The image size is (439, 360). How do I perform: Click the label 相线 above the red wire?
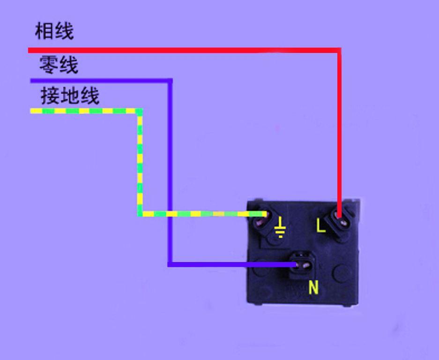point(54,31)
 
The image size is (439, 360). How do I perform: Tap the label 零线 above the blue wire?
point(59,65)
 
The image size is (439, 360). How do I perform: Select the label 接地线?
point(70,96)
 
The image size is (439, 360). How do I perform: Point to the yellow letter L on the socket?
point(321,225)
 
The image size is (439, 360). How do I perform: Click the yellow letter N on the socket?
point(313,287)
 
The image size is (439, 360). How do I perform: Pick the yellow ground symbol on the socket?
point(280,227)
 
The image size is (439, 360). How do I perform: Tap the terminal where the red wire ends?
point(340,219)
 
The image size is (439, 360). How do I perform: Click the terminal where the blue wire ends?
point(301,265)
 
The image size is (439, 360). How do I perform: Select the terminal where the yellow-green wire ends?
point(263,219)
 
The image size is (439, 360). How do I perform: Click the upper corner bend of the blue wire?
point(170,81)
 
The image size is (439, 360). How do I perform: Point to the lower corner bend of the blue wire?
point(170,264)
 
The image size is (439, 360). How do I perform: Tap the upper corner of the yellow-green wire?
point(140,111)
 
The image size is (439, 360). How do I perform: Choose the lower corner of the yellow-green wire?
point(140,214)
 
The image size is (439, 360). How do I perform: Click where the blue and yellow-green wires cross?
point(170,214)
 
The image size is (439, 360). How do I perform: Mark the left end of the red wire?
point(29,51)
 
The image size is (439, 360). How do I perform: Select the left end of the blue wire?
point(31,81)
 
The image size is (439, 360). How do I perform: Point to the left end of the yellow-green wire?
point(30,111)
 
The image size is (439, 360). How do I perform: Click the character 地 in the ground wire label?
point(70,96)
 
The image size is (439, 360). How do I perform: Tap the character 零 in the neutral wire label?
point(49,65)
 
